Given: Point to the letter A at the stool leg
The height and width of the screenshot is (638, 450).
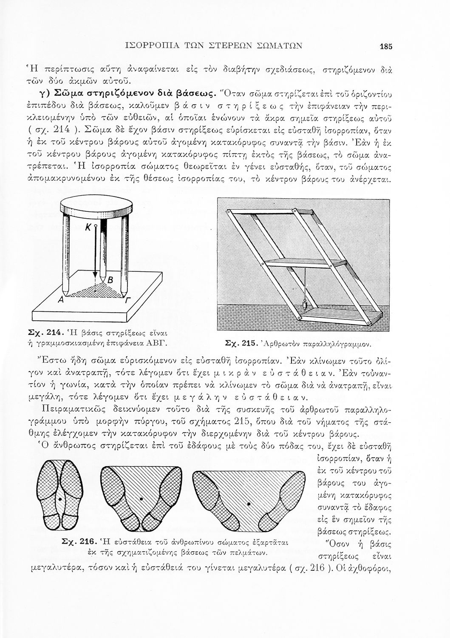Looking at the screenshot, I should point(61,300).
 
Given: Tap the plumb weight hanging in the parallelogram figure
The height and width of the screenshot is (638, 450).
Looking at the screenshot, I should point(304,305).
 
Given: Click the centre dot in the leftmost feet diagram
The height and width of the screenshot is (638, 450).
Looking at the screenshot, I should point(61,498).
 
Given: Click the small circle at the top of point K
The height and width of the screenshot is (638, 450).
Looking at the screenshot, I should point(96,225).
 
